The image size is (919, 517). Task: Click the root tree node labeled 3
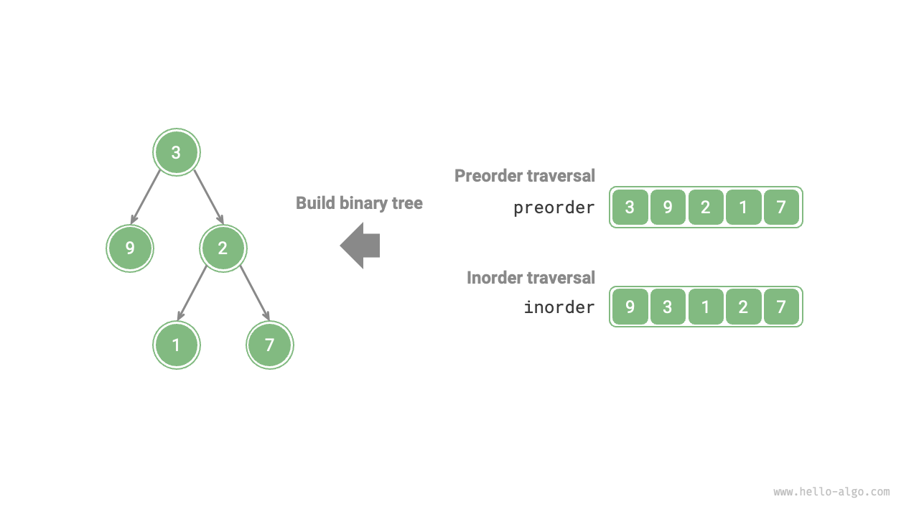point(177,152)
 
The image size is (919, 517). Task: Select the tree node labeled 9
point(130,248)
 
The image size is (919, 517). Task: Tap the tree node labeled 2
point(223,248)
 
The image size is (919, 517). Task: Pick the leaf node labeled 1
point(177,345)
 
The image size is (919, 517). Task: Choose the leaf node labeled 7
point(270,345)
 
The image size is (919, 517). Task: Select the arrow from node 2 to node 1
point(192,292)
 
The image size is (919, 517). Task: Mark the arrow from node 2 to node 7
point(254,292)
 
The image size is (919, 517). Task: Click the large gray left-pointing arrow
point(360,246)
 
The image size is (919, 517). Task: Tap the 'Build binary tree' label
point(359,203)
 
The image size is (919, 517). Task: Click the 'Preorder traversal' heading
point(525,175)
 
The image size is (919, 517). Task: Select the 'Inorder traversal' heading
point(531,277)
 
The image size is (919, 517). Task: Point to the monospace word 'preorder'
point(554,208)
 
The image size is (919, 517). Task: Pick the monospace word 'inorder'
point(559,307)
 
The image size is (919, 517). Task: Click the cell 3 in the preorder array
point(630,208)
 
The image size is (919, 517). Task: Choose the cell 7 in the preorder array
point(781,208)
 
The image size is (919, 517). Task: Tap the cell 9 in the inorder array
point(630,307)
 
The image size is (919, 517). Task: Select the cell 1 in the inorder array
point(706,307)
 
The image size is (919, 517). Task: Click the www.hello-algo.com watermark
point(831,492)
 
